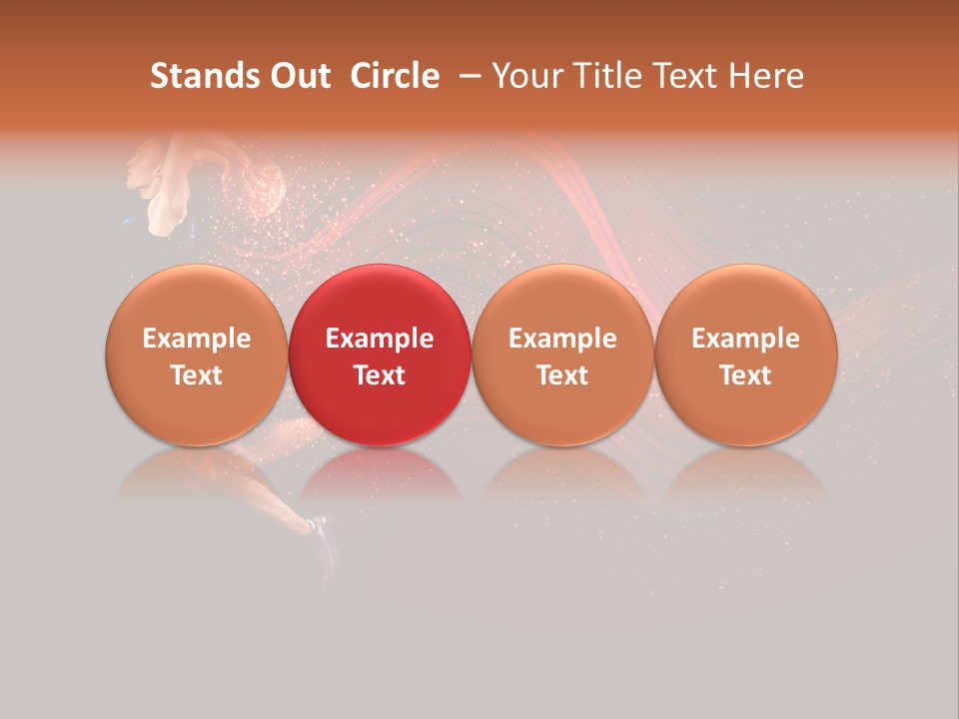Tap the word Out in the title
[x=298, y=76]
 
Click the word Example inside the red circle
[x=380, y=339]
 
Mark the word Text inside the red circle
[x=380, y=375]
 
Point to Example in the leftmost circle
[x=196, y=339]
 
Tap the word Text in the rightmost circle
[x=746, y=375]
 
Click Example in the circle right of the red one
[x=562, y=339]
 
